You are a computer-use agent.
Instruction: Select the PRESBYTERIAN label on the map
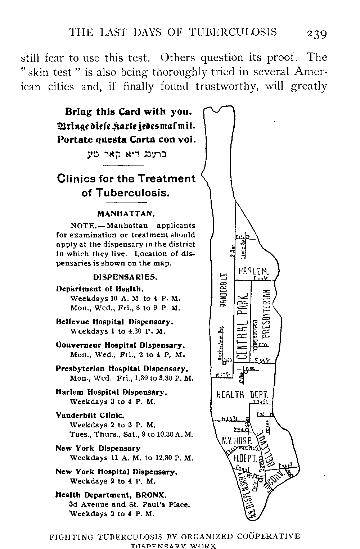pos(267,313)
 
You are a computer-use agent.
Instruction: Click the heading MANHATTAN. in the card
pos(126,214)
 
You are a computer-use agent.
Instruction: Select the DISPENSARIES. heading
pos(126,277)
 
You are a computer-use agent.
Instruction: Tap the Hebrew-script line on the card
pos(126,154)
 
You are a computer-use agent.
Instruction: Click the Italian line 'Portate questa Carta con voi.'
pos(126,140)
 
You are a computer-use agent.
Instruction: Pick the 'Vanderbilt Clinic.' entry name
pos(90,415)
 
